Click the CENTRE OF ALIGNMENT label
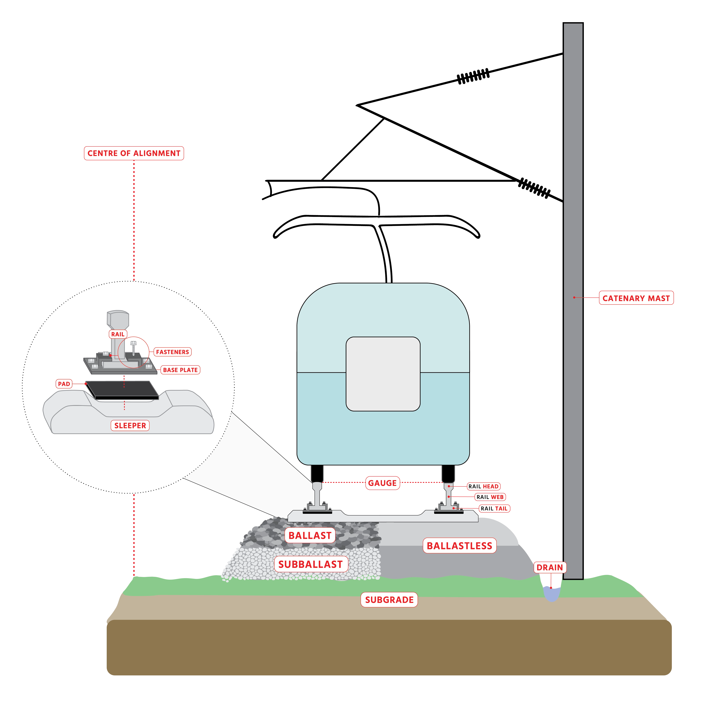click(134, 153)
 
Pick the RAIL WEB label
click(490, 497)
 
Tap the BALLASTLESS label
click(459, 545)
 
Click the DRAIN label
click(550, 567)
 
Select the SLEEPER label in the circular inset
click(130, 425)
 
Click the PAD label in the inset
click(64, 384)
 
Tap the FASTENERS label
click(173, 352)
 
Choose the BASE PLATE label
click(180, 370)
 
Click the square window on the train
click(383, 374)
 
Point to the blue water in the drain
click(551, 594)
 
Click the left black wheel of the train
click(317, 473)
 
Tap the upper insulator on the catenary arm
click(473, 76)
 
